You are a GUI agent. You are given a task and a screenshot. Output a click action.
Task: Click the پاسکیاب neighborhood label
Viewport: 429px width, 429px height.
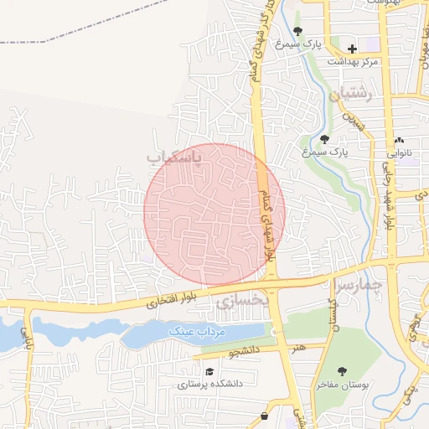click(x=175, y=157)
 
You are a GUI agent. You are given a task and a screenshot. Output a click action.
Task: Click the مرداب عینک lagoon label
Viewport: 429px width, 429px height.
click(x=198, y=332)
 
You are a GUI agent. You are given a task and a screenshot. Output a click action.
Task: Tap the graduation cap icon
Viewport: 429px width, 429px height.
click(x=209, y=372)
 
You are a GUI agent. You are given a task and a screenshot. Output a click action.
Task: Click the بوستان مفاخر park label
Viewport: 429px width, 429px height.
click(x=343, y=385)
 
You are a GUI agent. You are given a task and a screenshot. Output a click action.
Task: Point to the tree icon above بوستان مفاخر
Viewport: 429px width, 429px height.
click(x=343, y=370)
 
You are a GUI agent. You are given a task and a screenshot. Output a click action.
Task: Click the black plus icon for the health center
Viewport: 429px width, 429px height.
click(x=352, y=49)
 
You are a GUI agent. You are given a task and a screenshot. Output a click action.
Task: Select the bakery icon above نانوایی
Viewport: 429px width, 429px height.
click(x=399, y=140)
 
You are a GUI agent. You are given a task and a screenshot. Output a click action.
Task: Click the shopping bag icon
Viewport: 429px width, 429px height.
click(x=265, y=416)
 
